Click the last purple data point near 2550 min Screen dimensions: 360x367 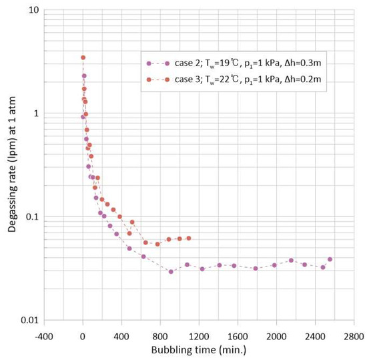[330, 259]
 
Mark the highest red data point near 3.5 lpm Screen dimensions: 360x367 [83, 57]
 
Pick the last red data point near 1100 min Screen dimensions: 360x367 [189, 238]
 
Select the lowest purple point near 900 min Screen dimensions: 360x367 [171, 271]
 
